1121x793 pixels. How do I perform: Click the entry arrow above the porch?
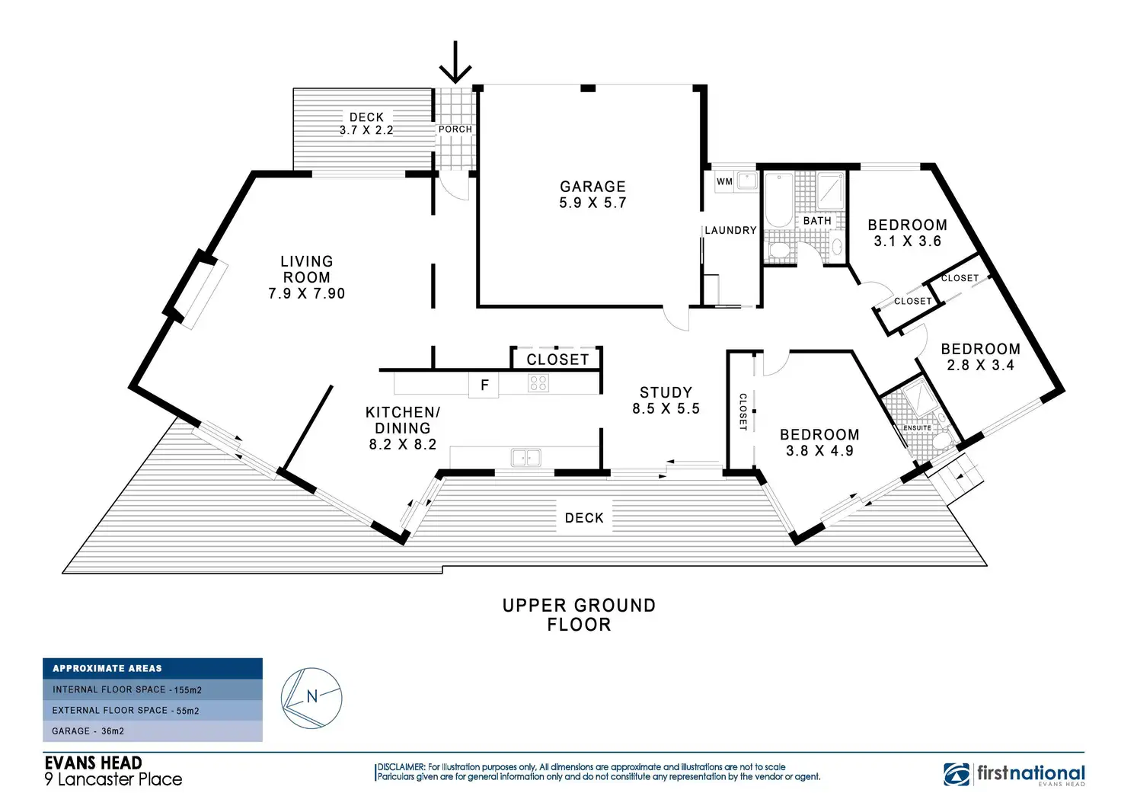pyautogui.click(x=455, y=62)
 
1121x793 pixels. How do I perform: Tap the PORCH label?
pyautogui.click(x=455, y=130)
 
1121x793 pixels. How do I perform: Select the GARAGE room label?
pyautogui.click(x=592, y=187)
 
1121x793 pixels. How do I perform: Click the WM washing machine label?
pyautogui.click(x=724, y=181)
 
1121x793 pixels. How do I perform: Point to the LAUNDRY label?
pyautogui.click(x=730, y=230)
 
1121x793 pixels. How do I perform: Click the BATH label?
pyautogui.click(x=817, y=221)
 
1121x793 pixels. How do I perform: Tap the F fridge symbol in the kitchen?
pyautogui.click(x=484, y=385)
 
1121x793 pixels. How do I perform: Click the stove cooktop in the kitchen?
pyautogui.click(x=538, y=382)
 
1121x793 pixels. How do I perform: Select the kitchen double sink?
pyautogui.click(x=525, y=457)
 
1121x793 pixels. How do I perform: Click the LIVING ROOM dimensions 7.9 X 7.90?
pyautogui.click(x=307, y=293)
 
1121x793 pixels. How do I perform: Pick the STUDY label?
pyautogui.click(x=666, y=392)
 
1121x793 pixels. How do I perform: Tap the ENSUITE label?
pyautogui.click(x=917, y=428)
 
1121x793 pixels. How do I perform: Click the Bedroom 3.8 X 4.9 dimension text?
pyautogui.click(x=819, y=451)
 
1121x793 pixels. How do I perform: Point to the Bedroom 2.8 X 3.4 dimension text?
pyautogui.click(x=981, y=366)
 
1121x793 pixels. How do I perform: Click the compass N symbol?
pyautogui.click(x=311, y=696)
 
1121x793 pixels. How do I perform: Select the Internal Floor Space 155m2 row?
pyautogui.click(x=152, y=689)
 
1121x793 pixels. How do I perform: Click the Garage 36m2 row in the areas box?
pyautogui.click(x=152, y=731)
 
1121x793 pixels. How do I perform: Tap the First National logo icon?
pyautogui.click(x=957, y=774)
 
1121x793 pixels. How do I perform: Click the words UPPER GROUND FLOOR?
pyautogui.click(x=579, y=615)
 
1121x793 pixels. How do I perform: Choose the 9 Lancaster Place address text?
pyautogui.click(x=113, y=779)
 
